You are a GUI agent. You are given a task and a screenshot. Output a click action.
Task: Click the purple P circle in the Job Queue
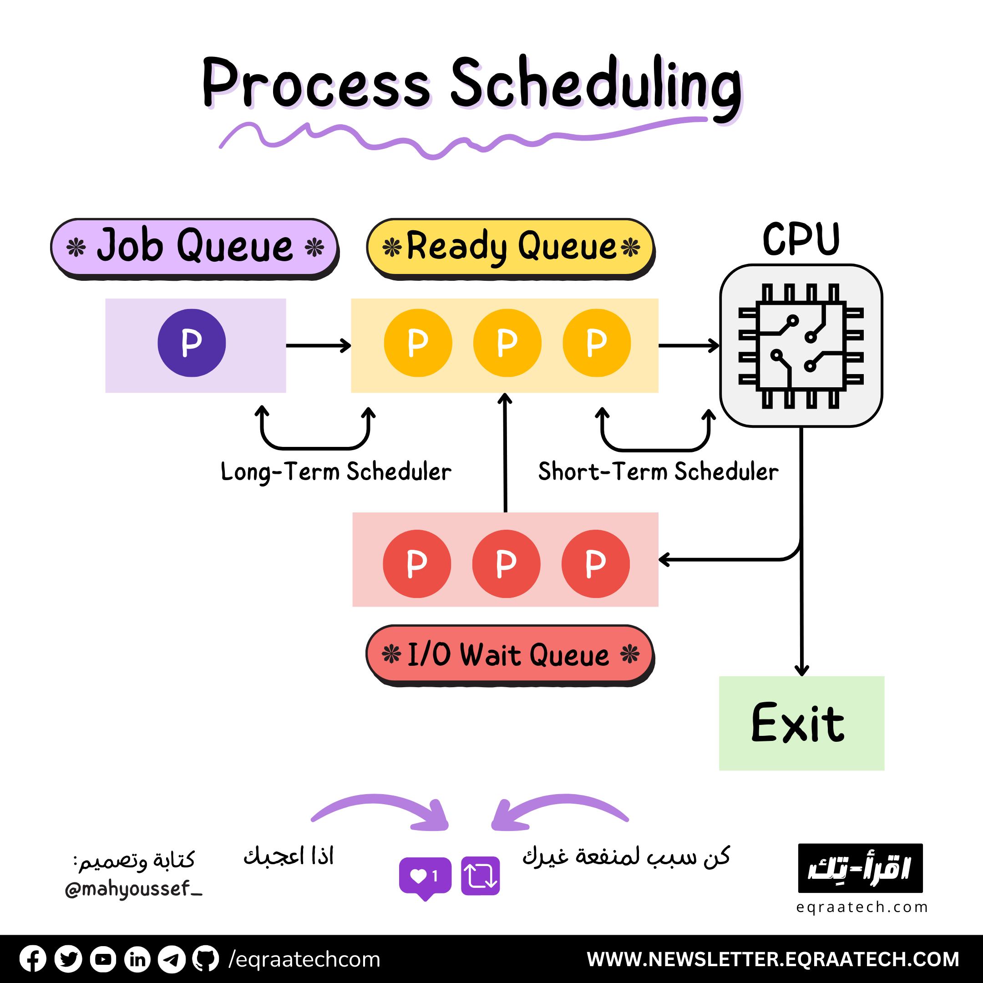pyautogui.click(x=191, y=343)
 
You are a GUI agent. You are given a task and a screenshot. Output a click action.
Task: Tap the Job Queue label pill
pyautogui.click(x=194, y=247)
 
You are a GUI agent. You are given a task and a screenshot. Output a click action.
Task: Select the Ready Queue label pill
pyautogui.click(x=510, y=247)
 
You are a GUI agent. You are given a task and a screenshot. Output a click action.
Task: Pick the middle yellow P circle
pyautogui.click(x=507, y=343)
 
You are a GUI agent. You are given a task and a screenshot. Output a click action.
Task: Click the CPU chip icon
pyautogui.click(x=801, y=345)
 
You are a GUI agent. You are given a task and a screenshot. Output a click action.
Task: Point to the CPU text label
pyautogui.click(x=801, y=239)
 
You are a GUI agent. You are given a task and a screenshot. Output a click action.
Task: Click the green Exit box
pyautogui.click(x=801, y=723)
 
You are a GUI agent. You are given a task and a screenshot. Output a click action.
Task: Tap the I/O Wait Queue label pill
pyautogui.click(x=510, y=654)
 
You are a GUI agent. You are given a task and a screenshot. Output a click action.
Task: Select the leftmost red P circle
pyautogui.click(x=417, y=564)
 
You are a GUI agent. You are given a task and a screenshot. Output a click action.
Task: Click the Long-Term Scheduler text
pyautogui.click(x=336, y=471)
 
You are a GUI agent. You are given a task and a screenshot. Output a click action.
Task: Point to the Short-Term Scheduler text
pyautogui.click(x=659, y=471)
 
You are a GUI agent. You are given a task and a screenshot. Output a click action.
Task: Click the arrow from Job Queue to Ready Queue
pyautogui.click(x=318, y=345)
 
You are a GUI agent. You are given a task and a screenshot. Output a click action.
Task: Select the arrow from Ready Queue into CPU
pyautogui.click(x=689, y=345)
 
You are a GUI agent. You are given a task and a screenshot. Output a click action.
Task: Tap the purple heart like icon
pyautogui.click(x=425, y=876)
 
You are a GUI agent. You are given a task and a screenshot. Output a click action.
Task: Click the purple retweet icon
pyautogui.click(x=480, y=876)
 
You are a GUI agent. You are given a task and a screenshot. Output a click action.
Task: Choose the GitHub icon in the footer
pyautogui.click(x=206, y=959)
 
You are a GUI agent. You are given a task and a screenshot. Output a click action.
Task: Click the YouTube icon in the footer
pyautogui.click(x=103, y=959)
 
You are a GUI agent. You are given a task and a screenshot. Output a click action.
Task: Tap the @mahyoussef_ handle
pyautogui.click(x=133, y=889)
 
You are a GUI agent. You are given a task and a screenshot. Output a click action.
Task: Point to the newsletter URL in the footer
pyautogui.click(x=773, y=959)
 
